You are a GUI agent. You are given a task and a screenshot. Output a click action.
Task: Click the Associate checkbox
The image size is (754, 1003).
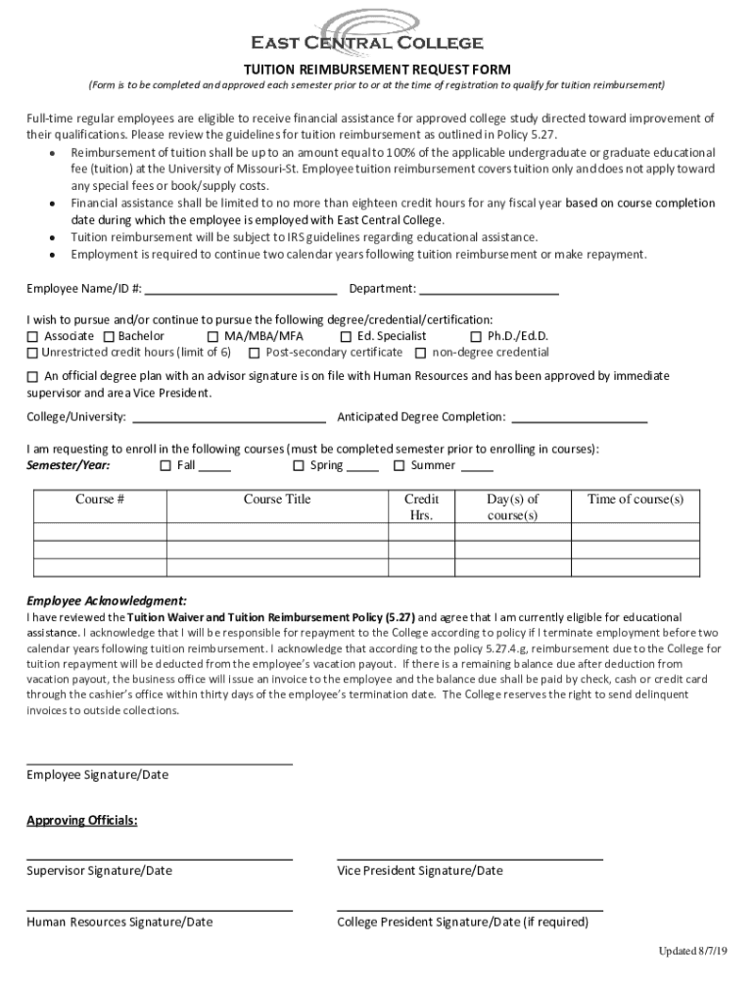point(32,336)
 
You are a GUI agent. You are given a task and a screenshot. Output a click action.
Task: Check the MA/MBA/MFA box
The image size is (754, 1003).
point(212,336)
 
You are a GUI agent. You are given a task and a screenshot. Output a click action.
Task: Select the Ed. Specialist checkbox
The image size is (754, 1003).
point(346,336)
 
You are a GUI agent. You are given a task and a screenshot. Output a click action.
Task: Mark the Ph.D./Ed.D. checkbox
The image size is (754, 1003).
point(477,336)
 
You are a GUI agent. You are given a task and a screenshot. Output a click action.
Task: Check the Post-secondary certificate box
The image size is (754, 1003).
point(254,353)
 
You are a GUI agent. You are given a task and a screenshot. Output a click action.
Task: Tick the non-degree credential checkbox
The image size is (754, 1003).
point(421,353)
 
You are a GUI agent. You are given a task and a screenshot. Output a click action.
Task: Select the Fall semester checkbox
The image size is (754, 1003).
point(165,466)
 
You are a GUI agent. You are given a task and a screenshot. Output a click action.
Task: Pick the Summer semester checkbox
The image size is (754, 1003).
point(399,466)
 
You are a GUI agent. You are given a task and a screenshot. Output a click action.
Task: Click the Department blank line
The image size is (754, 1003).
point(489,292)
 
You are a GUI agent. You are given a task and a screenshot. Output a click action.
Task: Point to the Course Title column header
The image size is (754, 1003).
point(277,500)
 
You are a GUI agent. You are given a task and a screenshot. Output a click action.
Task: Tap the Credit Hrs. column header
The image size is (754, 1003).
point(421,506)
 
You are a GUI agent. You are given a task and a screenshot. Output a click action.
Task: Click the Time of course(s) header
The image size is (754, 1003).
point(636,500)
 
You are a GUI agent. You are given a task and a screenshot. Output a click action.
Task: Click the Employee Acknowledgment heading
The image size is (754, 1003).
point(107,600)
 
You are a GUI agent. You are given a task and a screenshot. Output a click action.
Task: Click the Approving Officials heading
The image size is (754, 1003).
point(82,820)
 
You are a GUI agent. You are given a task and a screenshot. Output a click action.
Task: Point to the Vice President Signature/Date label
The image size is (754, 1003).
point(420,871)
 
